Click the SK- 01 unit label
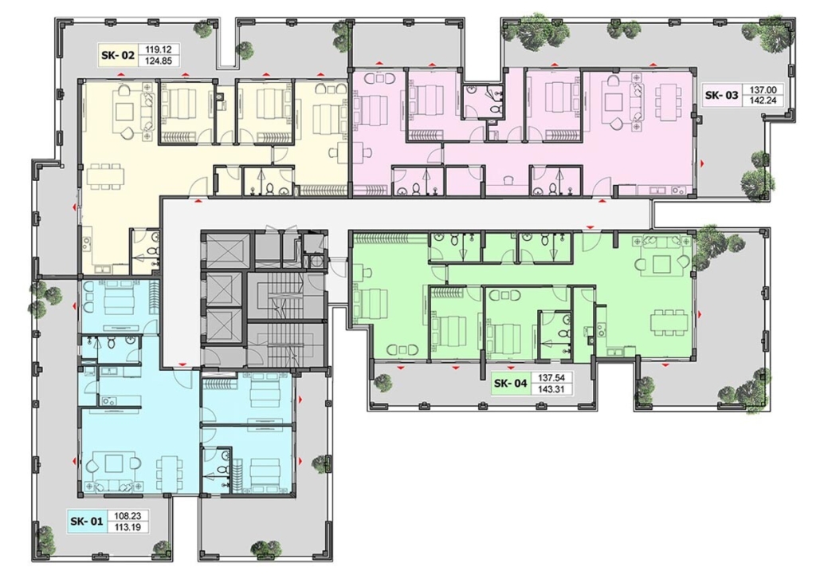click(x=87, y=521)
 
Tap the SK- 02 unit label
click(x=118, y=55)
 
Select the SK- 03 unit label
click(x=722, y=96)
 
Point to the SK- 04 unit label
click(x=511, y=384)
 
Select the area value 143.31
click(x=551, y=389)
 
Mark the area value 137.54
click(x=551, y=378)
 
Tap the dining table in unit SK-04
click(x=669, y=320)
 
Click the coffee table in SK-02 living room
click(x=125, y=112)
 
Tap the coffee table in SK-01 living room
click(x=112, y=463)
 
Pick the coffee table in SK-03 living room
click(x=614, y=100)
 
